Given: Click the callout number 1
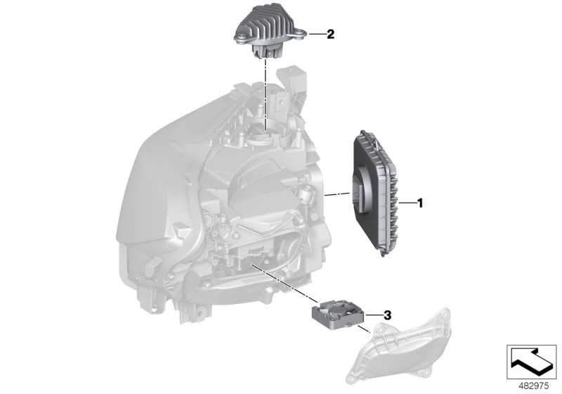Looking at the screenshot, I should [x=419, y=203].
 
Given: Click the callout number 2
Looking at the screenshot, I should [x=330, y=33].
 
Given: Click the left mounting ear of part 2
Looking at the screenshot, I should [x=237, y=32].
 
